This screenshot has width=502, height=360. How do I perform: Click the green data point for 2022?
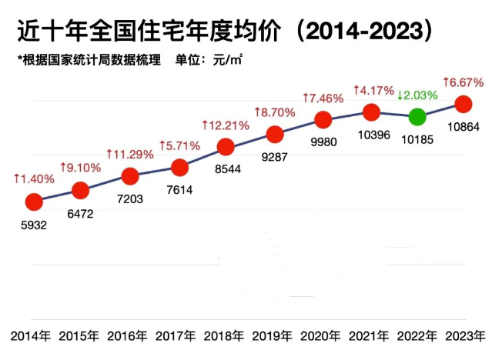(x=417, y=117)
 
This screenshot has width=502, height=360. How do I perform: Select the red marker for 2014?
(x=33, y=202)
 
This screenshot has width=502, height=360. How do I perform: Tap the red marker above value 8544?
(x=226, y=146)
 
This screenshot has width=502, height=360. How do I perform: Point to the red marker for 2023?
(x=464, y=103)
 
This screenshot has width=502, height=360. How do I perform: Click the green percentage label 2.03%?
(x=417, y=95)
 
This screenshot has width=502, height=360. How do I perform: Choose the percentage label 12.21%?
(x=226, y=125)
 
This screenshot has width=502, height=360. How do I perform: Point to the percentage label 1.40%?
(x=34, y=178)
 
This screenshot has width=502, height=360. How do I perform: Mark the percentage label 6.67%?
(x=464, y=82)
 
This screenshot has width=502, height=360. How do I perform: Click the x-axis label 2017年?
(x=178, y=336)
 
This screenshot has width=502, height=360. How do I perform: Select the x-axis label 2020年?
(x=323, y=336)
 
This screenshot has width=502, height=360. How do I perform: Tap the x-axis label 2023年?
(x=465, y=336)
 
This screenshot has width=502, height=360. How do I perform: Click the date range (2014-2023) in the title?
(x=361, y=32)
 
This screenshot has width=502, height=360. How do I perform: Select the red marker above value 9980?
(x=323, y=119)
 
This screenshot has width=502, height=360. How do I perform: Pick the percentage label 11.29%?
(x=130, y=155)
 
